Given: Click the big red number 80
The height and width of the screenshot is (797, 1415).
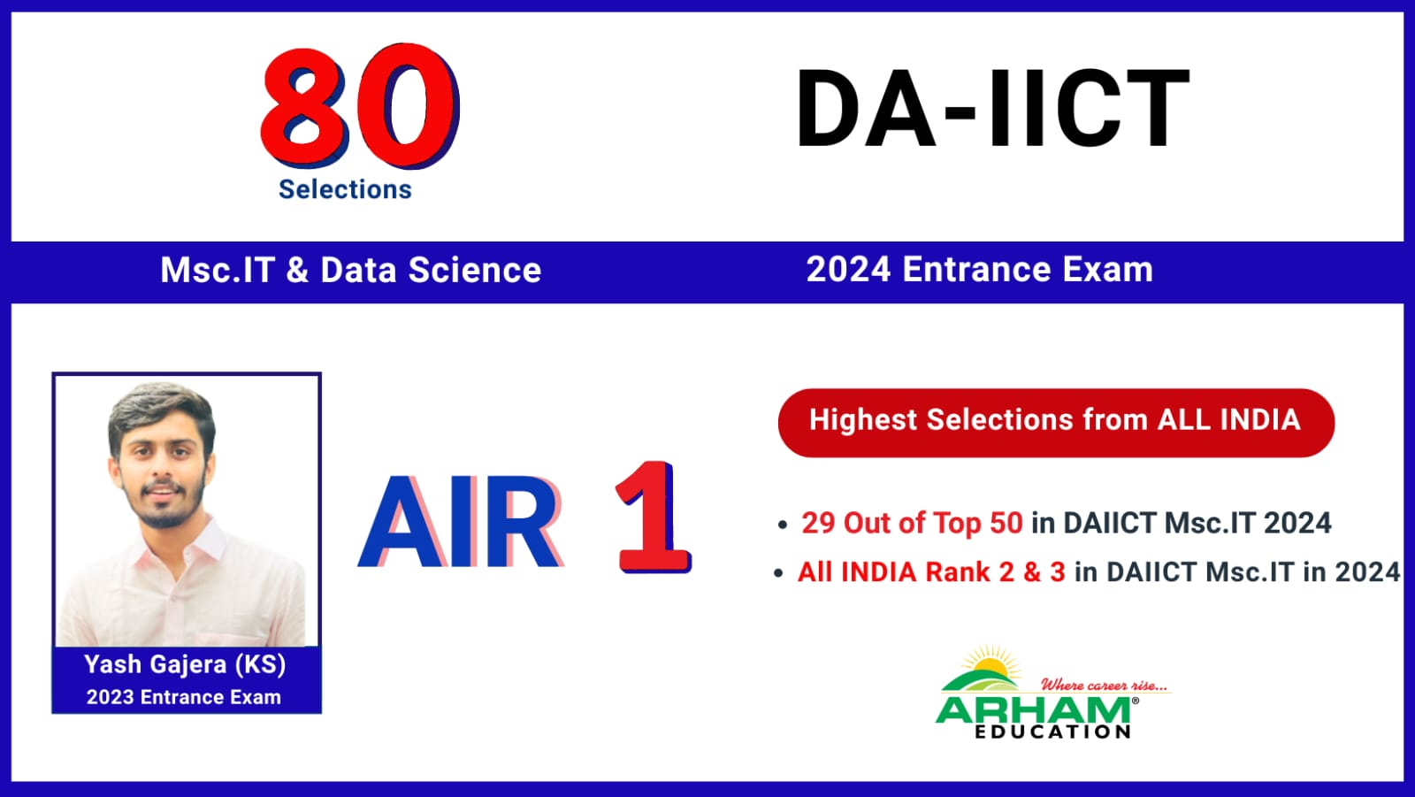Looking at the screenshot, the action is tap(360, 105).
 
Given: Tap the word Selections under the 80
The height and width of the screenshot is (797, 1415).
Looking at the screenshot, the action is tap(345, 189).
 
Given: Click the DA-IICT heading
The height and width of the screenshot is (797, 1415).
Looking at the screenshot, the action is tap(992, 109).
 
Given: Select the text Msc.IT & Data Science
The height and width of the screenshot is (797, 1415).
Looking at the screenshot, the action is tap(350, 270).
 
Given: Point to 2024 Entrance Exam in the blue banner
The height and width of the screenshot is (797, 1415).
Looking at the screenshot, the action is tap(980, 269).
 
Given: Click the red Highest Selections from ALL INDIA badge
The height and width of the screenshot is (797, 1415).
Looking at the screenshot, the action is tap(1056, 423).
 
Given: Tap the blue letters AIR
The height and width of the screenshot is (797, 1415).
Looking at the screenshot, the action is tap(461, 521).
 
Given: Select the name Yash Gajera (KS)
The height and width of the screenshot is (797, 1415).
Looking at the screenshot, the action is tap(185, 665).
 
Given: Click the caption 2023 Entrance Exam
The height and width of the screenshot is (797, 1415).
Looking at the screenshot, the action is tap(184, 697).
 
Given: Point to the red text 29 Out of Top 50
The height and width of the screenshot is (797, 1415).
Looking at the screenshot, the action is tap(912, 524).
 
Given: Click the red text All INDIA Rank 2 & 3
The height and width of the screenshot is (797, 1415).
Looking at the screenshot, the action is tap(931, 572).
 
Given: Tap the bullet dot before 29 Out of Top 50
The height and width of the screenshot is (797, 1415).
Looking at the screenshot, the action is tap(783, 525).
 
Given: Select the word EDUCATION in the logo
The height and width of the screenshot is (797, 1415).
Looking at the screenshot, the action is tap(1053, 732).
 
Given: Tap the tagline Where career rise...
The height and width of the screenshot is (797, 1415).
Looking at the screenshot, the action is tap(1105, 686).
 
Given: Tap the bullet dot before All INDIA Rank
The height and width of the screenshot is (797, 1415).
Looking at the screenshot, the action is tap(778, 573).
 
